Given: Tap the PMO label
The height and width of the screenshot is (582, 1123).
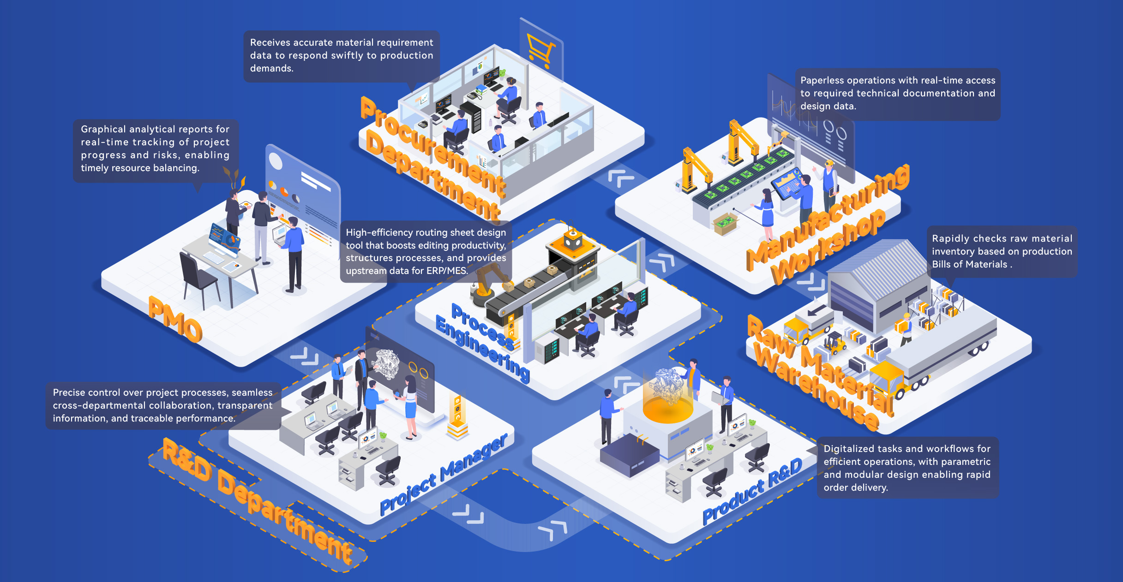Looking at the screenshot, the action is click(175, 320).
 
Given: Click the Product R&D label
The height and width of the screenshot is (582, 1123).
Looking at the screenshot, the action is click(752, 492).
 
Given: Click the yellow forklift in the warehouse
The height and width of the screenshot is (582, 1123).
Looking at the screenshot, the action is click(835, 343).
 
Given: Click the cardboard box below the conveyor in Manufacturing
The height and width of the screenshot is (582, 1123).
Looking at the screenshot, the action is click(725, 224).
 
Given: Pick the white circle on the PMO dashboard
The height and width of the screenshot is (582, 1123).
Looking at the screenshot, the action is click(276, 162).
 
